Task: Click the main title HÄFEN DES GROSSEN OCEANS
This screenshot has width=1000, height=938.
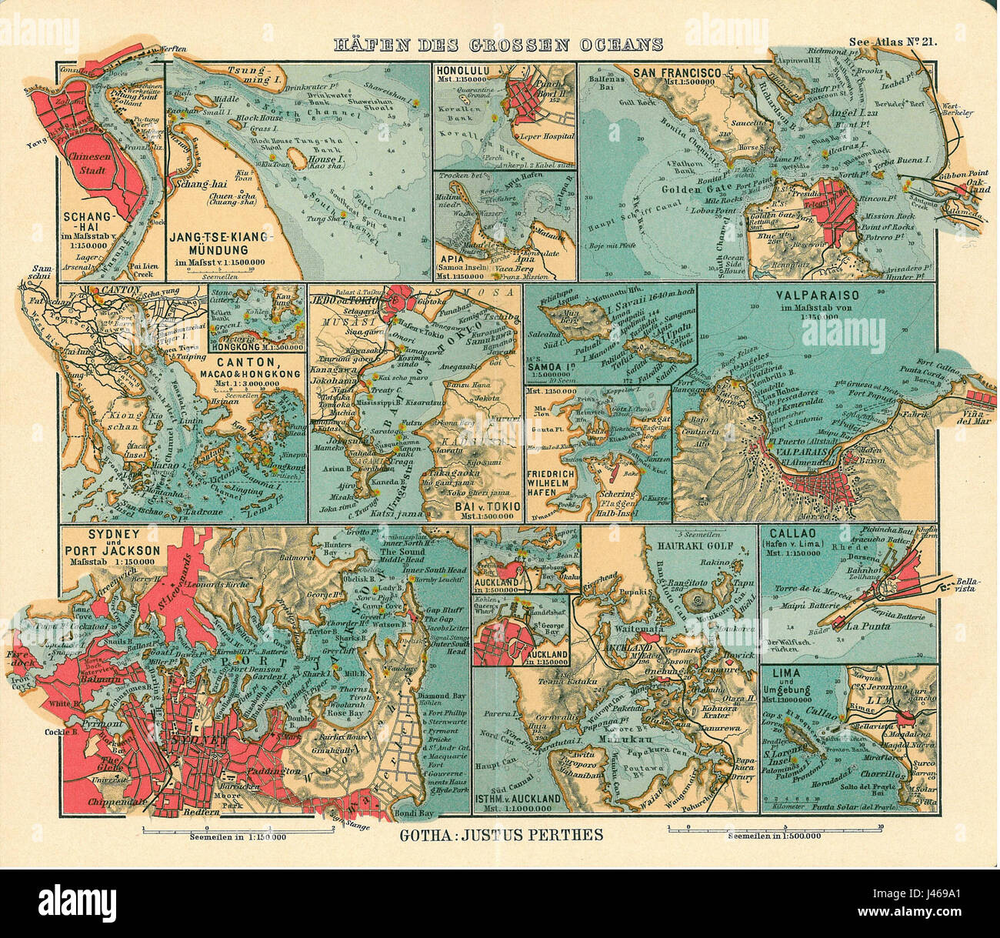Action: click(x=498, y=45)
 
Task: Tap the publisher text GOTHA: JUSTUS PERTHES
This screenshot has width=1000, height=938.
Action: click(x=502, y=834)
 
